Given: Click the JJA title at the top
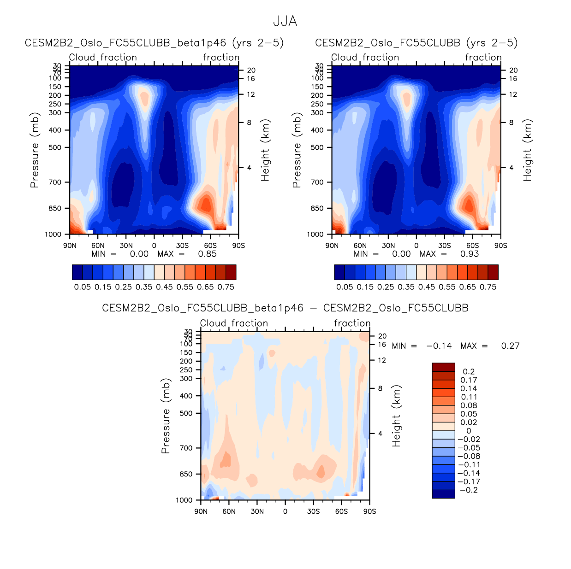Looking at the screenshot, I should tap(285, 22).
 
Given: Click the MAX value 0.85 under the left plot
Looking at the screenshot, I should tap(207, 254).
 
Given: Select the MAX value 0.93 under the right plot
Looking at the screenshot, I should tap(470, 254).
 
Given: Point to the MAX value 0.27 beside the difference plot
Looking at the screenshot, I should tap(510, 346).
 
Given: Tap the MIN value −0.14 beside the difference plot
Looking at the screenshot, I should tap(439, 346).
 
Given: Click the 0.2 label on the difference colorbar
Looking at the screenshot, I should tap(469, 371).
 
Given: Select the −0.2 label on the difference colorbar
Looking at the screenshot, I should tap(469, 490).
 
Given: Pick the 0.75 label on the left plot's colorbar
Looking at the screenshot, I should tap(226, 287).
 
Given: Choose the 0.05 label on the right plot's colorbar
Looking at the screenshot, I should tap(345, 287).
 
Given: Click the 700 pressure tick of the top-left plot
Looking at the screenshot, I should tap(55, 182).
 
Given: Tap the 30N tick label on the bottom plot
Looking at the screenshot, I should tap(257, 511).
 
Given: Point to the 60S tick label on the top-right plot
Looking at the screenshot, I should tap(472, 246).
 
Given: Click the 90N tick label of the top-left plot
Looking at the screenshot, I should tap(70, 246).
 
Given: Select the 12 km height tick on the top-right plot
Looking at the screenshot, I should tap(513, 94).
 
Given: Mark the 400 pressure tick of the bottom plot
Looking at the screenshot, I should tap(186, 396).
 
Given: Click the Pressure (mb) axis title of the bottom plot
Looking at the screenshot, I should tap(166, 416).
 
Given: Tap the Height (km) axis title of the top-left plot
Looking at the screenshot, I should tap(265, 150).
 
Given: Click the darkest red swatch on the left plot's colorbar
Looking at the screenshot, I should tap(231, 272).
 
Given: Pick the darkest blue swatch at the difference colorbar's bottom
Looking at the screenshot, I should tap(443, 494).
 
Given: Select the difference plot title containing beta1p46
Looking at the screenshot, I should tap(285, 308).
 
